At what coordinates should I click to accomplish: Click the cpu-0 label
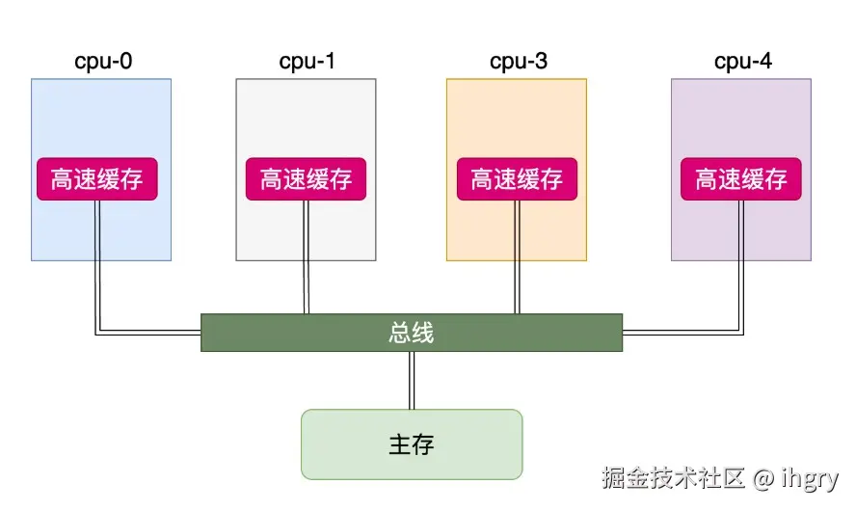click(x=103, y=62)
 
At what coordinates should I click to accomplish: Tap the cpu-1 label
click(x=307, y=62)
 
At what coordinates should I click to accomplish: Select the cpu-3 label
click(x=518, y=62)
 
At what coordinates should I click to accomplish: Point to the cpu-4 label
click(x=742, y=62)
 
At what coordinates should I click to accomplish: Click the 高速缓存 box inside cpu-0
click(x=97, y=179)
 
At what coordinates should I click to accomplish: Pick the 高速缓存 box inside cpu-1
click(x=307, y=179)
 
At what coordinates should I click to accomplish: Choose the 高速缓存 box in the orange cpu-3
click(x=517, y=179)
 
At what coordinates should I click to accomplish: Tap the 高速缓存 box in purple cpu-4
click(x=741, y=179)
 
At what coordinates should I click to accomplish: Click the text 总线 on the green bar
click(x=412, y=333)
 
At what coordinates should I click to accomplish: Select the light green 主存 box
click(x=412, y=444)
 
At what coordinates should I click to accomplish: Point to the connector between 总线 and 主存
click(x=412, y=380)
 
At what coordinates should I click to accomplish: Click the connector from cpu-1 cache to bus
click(x=307, y=256)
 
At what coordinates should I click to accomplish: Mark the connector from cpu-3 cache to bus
click(x=517, y=256)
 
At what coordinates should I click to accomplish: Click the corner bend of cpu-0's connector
click(x=97, y=333)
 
